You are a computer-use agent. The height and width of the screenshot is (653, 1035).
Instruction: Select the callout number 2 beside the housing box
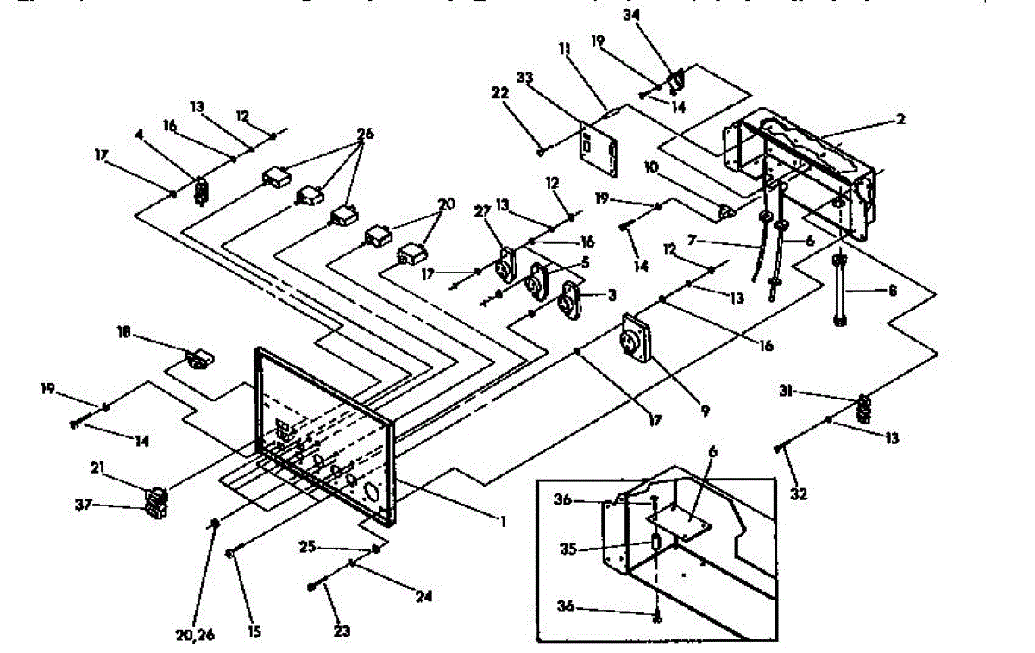point(900,120)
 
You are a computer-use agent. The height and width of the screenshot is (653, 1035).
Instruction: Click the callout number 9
point(705,412)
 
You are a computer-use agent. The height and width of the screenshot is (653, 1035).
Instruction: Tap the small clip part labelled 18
point(200,357)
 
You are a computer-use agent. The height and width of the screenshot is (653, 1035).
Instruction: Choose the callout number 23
point(342,631)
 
